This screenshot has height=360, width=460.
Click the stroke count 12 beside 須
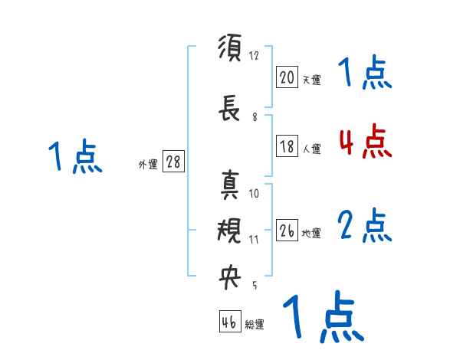[x=255, y=56]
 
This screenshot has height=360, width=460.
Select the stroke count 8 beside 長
[x=255, y=117]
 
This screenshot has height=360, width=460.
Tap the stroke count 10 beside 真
[x=255, y=193]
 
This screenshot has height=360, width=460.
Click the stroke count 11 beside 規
[x=255, y=239]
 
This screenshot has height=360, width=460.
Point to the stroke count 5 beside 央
[x=254, y=286]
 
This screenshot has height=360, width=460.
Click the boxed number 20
[x=287, y=77]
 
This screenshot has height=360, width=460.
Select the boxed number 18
[x=287, y=147]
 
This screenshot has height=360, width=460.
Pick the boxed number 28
[x=173, y=162]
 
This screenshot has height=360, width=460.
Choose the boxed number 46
[x=229, y=322]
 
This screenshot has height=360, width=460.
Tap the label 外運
[x=147, y=165]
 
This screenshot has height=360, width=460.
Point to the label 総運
[x=255, y=325]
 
